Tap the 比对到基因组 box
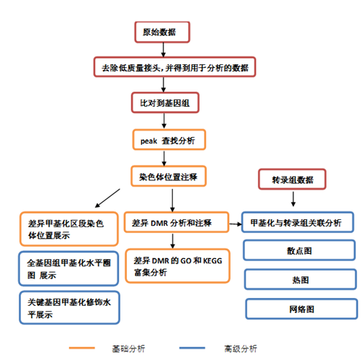coord(166,103)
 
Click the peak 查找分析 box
coord(168,139)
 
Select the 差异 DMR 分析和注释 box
coord(176,221)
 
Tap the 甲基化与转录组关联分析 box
coord(297,221)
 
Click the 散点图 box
coord(297,250)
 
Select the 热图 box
coord(297,279)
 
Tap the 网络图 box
coord(297,308)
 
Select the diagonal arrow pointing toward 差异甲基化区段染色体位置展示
coord(106,196)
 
